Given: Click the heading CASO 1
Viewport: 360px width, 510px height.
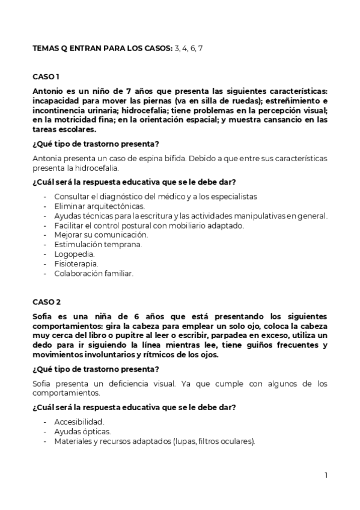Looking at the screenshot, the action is click(46, 77).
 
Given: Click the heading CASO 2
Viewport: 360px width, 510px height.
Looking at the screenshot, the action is click(46, 302).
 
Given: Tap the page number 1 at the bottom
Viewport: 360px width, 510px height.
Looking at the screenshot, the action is click(326, 475).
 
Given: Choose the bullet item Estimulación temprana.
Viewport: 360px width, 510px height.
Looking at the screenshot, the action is click(90, 245).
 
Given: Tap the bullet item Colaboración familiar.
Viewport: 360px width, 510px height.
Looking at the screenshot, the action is click(93, 273).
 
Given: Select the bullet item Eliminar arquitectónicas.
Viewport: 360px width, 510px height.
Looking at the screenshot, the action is click(99, 206).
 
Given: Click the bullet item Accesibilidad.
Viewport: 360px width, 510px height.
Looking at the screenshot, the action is click(79, 422).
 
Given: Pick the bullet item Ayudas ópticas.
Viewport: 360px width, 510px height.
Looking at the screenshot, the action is click(82, 431).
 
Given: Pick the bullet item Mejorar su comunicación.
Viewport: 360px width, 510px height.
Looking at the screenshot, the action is click(100, 235).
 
